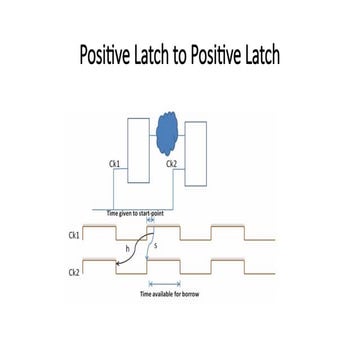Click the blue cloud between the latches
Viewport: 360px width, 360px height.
164,141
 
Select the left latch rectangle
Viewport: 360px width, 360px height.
139,148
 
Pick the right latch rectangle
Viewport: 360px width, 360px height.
195,156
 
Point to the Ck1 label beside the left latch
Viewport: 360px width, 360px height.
115,163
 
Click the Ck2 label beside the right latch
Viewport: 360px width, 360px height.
171,163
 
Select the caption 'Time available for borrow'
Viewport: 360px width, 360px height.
166,296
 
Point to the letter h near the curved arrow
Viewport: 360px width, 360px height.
126,249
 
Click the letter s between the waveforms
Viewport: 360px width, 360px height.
155,247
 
